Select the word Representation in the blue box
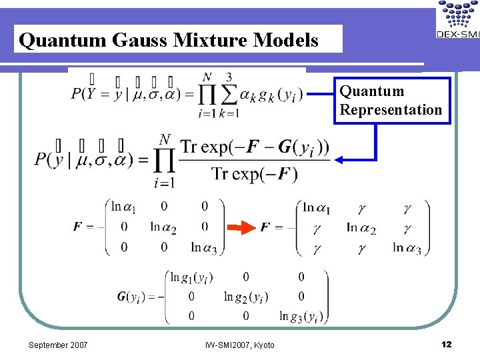tap(391, 109)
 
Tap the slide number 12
tap(446, 344)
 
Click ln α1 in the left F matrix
tap(124, 207)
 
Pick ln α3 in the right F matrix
tap(407, 248)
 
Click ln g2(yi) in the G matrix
tap(245, 296)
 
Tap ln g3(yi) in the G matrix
tap(301, 316)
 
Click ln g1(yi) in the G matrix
tap(191, 277)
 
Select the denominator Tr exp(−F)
tap(255, 175)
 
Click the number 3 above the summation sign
tap(229, 78)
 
